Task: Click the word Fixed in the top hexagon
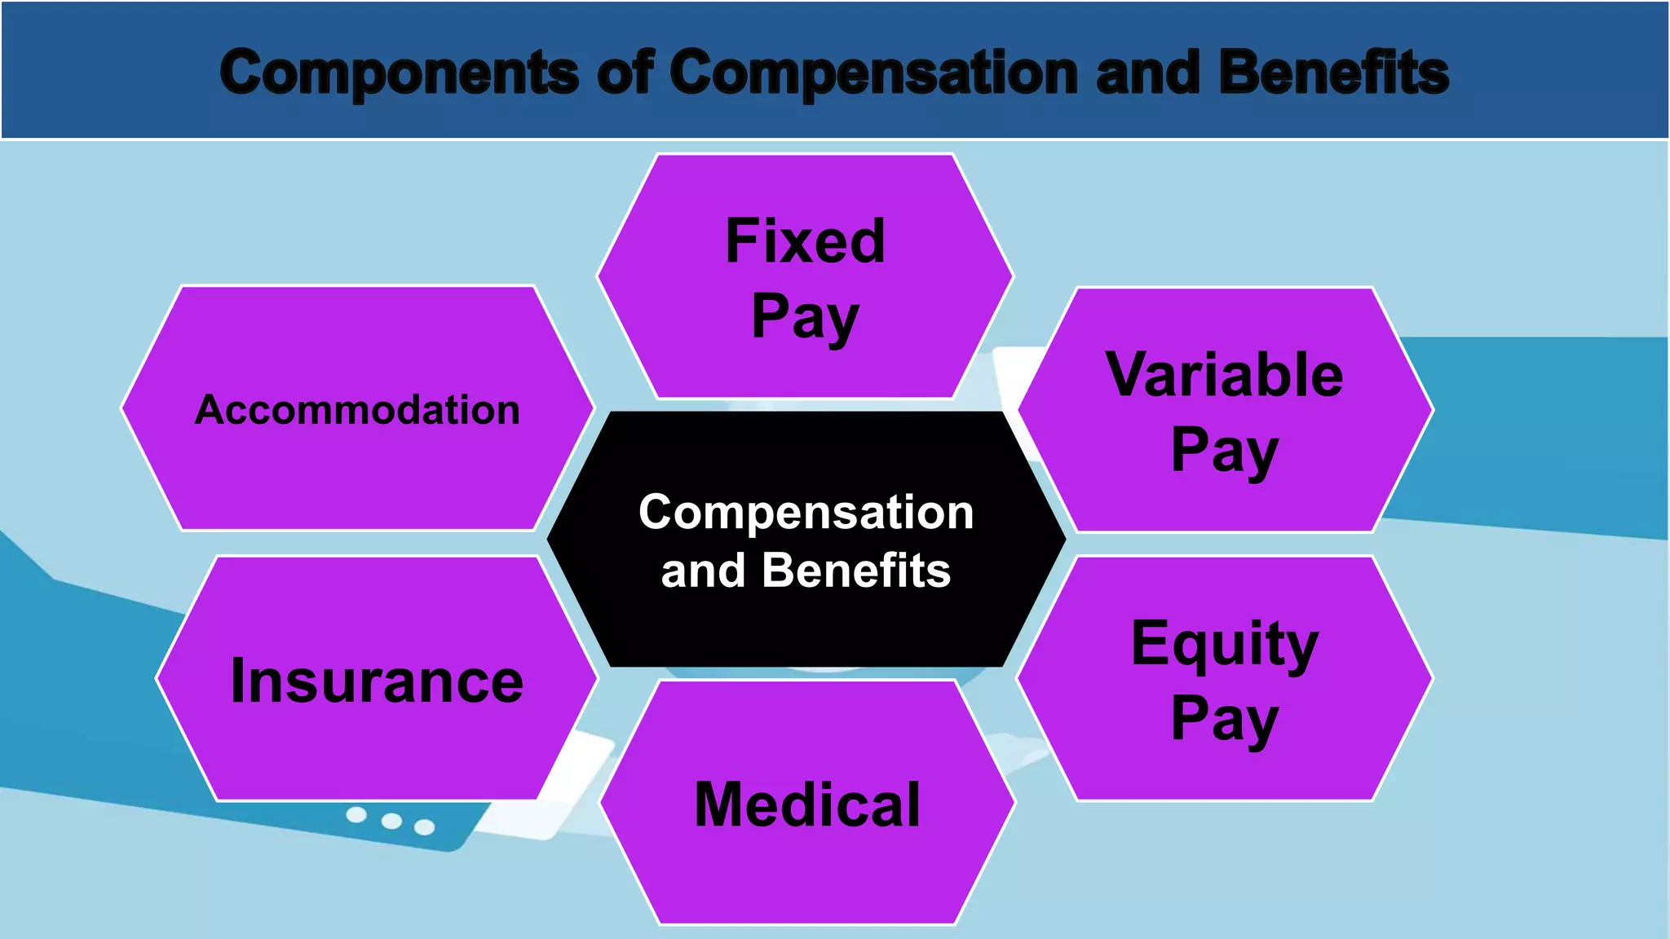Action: tap(805, 241)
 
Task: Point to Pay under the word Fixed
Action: tap(805, 316)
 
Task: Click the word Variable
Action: tap(1224, 375)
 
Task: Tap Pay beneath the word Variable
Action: tap(1224, 450)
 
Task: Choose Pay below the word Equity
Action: tap(1224, 719)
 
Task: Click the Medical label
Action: tap(807, 805)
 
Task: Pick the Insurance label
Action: tap(377, 681)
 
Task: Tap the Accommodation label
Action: tap(357, 409)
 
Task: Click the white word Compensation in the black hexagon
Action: tap(806, 513)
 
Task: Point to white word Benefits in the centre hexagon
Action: tap(855, 570)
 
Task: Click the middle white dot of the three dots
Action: tap(391, 821)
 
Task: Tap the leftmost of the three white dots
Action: tap(356, 814)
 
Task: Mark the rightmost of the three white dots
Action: tap(424, 827)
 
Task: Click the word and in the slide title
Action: tap(1148, 72)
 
